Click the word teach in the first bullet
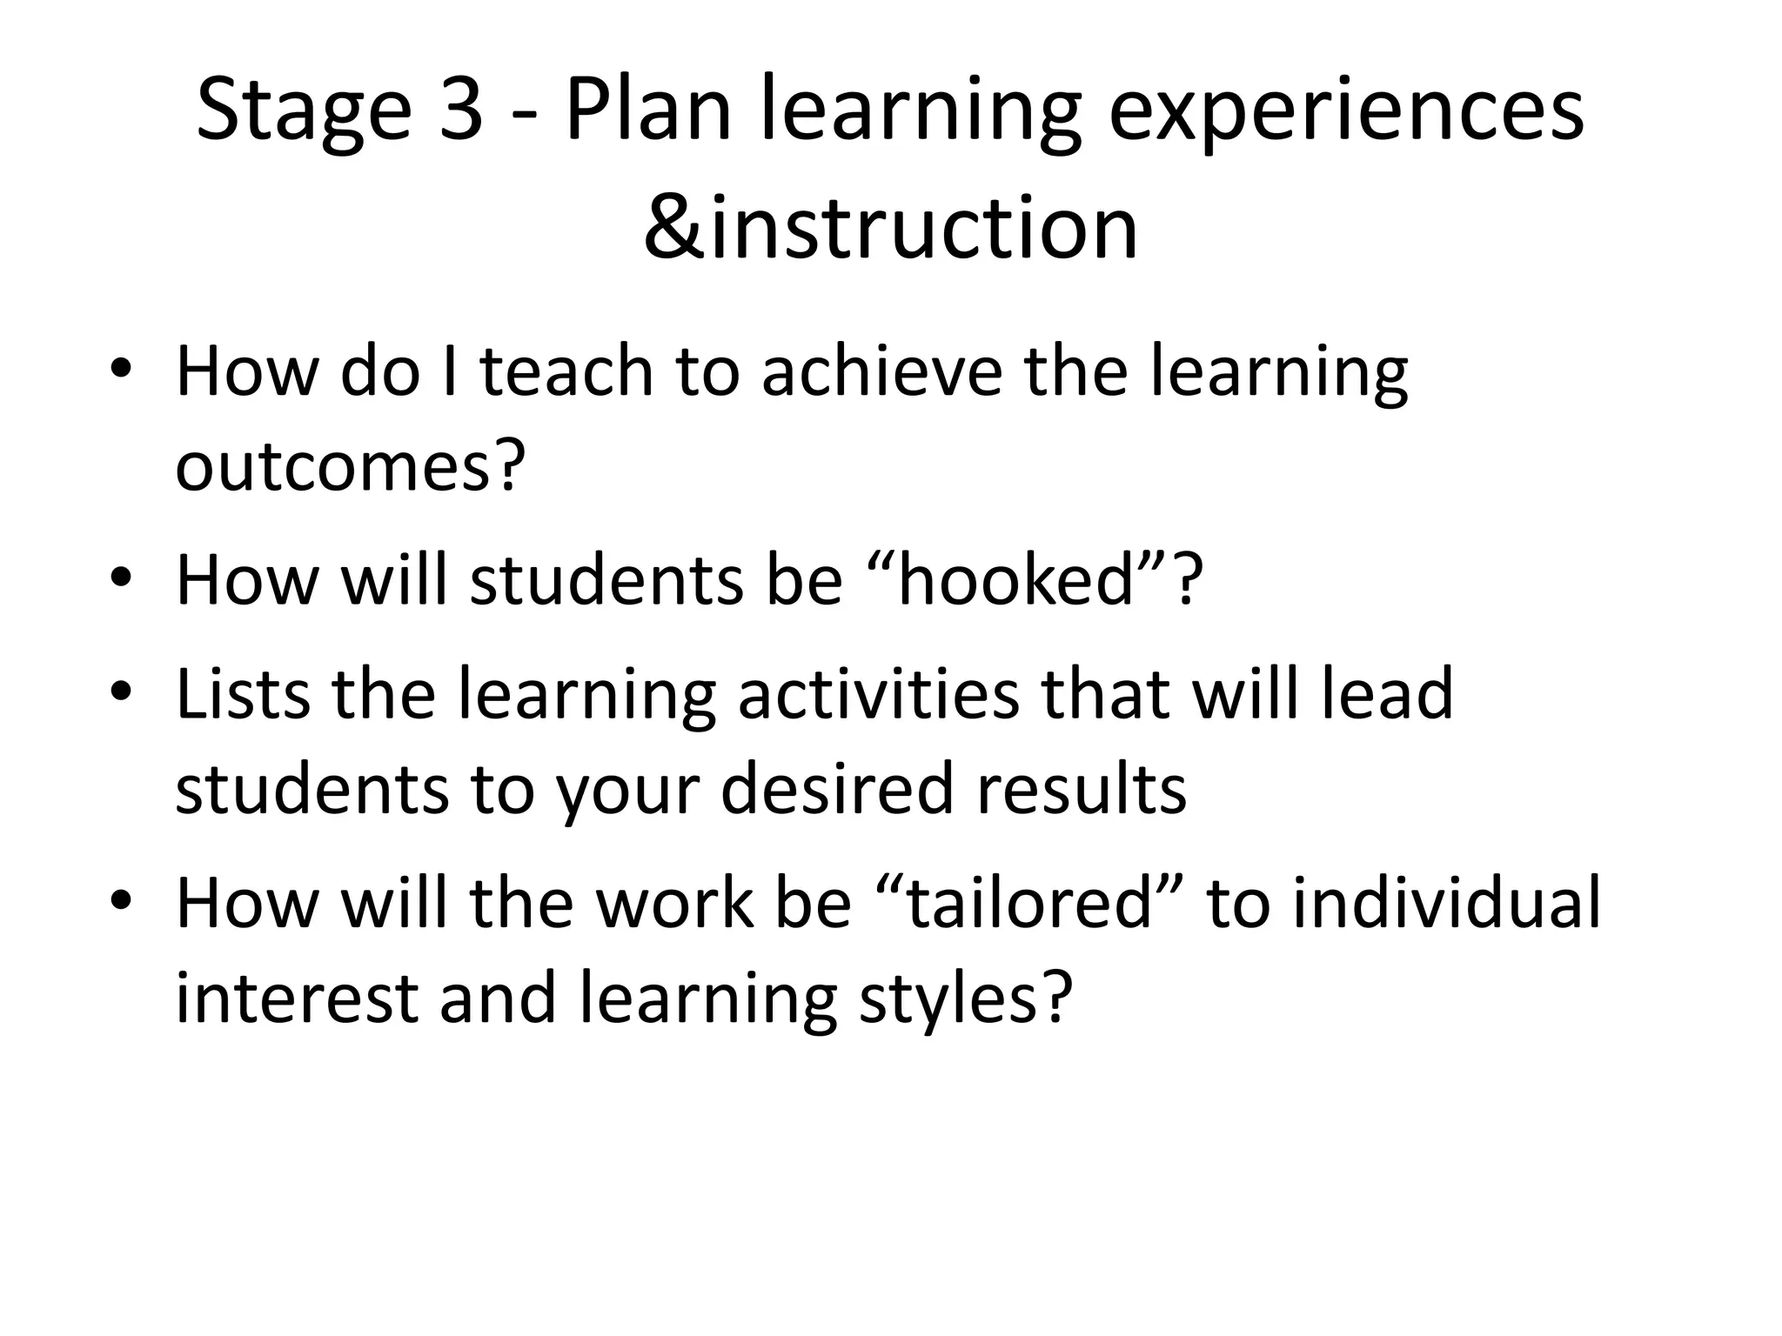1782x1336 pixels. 566,371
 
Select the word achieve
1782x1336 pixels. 882,371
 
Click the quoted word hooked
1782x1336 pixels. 1015,580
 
